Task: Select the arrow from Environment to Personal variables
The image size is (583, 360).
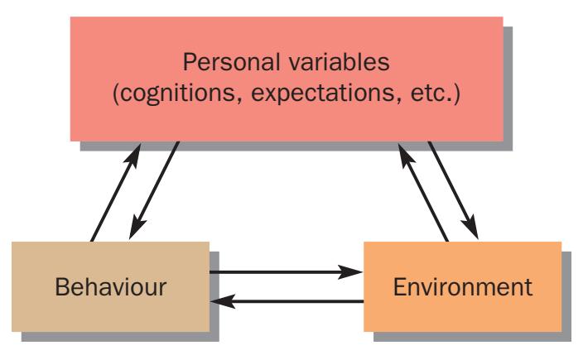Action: pos(423,190)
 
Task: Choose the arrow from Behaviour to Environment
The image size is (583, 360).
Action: pos(286,271)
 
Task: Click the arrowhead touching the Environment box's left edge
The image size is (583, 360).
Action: pos(354,271)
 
